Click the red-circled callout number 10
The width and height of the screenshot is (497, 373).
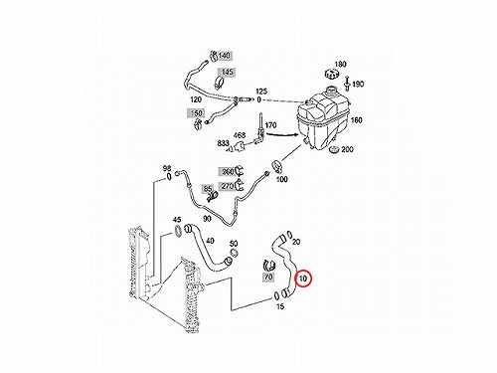tap(303, 279)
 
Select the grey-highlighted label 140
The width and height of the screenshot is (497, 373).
tap(225, 56)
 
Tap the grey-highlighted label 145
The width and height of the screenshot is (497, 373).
tap(227, 72)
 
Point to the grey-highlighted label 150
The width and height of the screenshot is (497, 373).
tap(196, 113)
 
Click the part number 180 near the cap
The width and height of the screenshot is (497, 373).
tap(340, 64)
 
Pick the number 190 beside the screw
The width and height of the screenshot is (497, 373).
tap(358, 85)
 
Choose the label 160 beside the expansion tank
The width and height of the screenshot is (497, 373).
tap(357, 120)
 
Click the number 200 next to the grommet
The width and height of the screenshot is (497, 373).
tap(347, 149)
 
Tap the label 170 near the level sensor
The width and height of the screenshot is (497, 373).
tap(270, 125)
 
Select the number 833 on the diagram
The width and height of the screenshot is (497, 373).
tap(223, 143)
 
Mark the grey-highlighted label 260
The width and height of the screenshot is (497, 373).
tap(227, 172)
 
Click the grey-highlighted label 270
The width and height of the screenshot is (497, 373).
tap(227, 186)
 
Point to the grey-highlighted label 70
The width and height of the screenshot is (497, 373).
tap(268, 277)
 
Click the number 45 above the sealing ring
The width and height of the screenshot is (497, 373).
tap(177, 220)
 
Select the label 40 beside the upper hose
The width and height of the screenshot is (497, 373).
tap(210, 241)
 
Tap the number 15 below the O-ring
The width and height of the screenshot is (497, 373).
tap(280, 306)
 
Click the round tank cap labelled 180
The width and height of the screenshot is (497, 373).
tap(331, 75)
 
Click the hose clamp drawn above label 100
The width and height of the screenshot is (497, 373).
tap(277, 166)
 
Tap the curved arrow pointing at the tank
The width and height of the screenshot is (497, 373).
tap(282, 135)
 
